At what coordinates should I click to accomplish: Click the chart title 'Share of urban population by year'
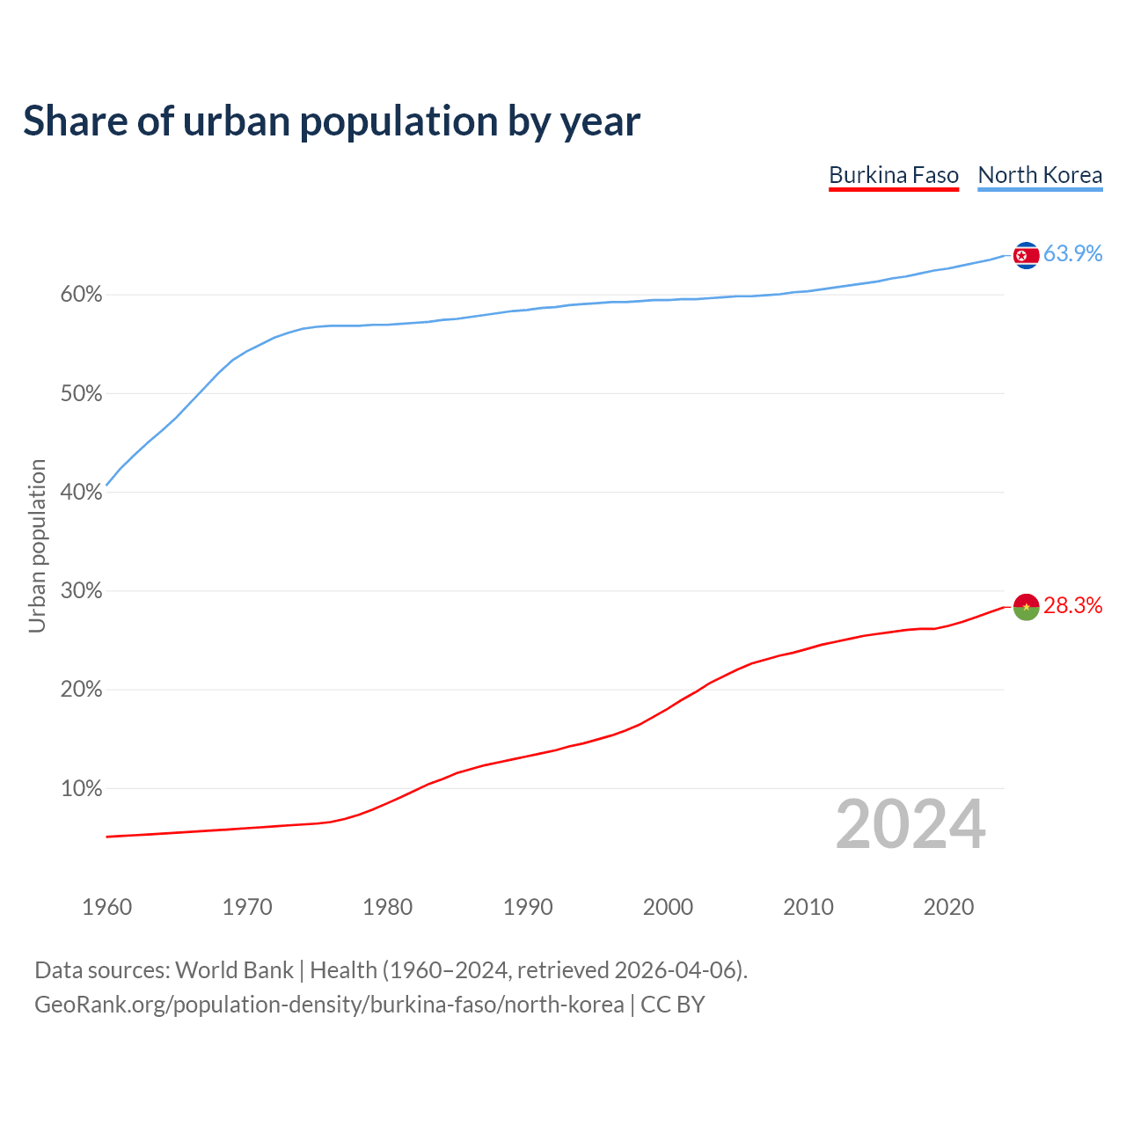(x=332, y=121)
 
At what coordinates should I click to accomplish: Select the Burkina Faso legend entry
(x=894, y=175)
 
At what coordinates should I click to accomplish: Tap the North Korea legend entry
(x=1040, y=175)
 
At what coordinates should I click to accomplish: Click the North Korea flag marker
(x=1026, y=255)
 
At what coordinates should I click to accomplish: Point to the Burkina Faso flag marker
(x=1026, y=606)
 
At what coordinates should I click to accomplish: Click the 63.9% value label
(x=1072, y=253)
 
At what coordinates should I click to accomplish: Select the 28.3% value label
(x=1072, y=605)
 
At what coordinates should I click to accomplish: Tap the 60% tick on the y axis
(x=82, y=295)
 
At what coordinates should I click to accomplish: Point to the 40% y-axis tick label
(x=82, y=493)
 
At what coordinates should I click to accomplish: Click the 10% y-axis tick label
(x=82, y=789)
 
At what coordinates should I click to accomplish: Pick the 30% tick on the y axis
(x=82, y=591)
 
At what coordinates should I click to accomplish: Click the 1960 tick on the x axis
(x=106, y=907)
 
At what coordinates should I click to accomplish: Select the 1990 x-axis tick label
(x=528, y=907)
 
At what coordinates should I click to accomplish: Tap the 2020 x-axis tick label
(x=948, y=907)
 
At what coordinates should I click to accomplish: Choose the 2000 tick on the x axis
(x=668, y=907)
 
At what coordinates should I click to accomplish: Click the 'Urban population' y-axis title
(x=37, y=545)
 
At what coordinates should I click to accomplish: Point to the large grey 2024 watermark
(x=910, y=824)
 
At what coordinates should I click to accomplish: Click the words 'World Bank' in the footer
(x=234, y=970)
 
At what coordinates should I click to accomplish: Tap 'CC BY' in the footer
(x=673, y=1005)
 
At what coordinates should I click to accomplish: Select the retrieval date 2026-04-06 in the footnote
(x=676, y=970)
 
